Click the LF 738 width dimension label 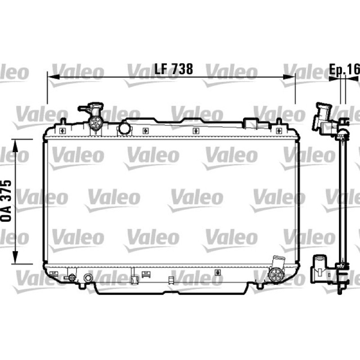(x=174, y=69)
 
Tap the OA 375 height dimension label (x=6, y=201)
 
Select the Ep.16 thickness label (x=345, y=69)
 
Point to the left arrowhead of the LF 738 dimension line (x=53, y=77)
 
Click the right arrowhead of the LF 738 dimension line (x=289, y=77)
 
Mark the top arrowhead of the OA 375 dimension (x=15, y=145)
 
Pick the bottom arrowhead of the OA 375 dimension (x=15, y=257)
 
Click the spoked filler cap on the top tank (x=95, y=123)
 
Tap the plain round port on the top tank (x=125, y=128)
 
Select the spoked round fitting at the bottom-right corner (x=275, y=274)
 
